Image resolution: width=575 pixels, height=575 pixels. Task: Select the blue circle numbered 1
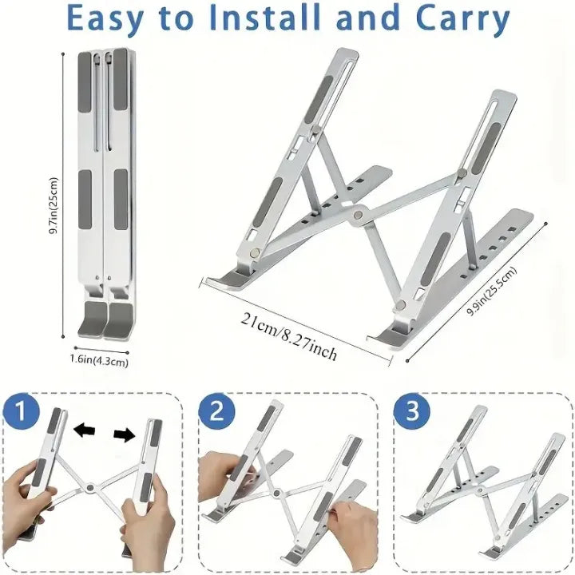tap(22, 414)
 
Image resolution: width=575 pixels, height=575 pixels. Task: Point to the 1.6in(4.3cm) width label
tap(99, 361)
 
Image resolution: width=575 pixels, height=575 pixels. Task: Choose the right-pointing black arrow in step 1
tap(124, 434)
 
